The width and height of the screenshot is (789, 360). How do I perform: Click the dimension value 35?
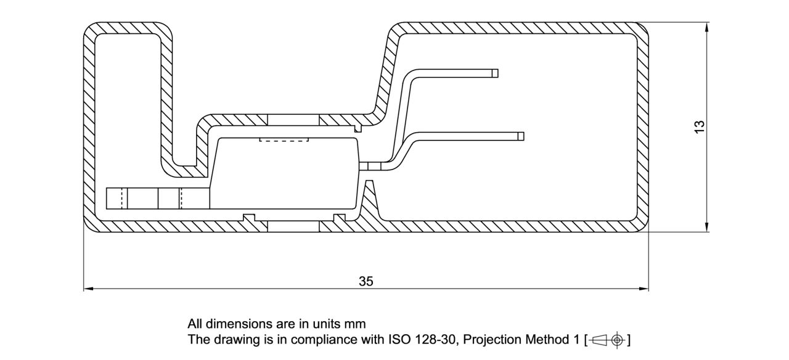click(x=366, y=281)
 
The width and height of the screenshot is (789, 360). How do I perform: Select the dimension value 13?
click(x=699, y=126)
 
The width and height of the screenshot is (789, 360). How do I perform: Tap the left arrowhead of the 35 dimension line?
click(x=88, y=288)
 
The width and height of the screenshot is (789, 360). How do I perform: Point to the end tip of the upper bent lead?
click(x=495, y=73)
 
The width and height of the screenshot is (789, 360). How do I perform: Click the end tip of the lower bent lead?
click(x=521, y=136)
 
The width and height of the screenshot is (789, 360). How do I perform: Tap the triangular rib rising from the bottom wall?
click(x=369, y=203)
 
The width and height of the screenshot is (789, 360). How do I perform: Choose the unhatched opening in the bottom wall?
click(x=294, y=226)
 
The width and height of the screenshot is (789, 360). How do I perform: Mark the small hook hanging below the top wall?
click(x=358, y=128)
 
